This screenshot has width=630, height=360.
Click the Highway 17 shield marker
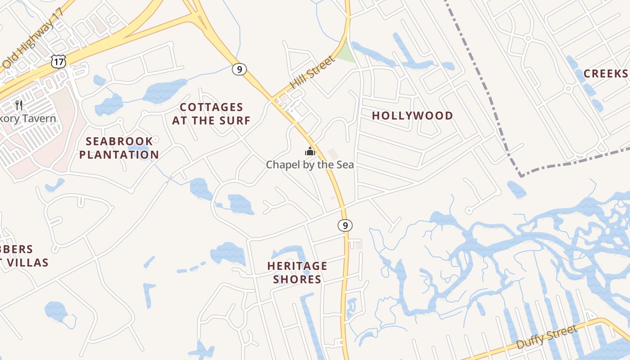58,61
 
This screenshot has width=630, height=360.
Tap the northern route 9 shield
239,69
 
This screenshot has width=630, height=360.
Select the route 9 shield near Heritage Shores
345,225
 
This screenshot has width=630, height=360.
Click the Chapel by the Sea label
310,165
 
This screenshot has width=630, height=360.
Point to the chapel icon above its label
310,151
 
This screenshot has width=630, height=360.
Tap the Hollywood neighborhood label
412,116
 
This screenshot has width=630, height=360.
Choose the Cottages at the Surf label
211,114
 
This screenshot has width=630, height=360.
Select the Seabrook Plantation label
119,148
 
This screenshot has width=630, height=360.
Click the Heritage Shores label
297,272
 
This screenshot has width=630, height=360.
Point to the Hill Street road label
312,72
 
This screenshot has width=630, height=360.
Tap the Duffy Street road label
547,337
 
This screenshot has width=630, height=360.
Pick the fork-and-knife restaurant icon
19,105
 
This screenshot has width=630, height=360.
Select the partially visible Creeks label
606,73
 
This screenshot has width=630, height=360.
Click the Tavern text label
29,119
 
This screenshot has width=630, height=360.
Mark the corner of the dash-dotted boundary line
521,175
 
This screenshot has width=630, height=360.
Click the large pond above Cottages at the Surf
164,91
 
